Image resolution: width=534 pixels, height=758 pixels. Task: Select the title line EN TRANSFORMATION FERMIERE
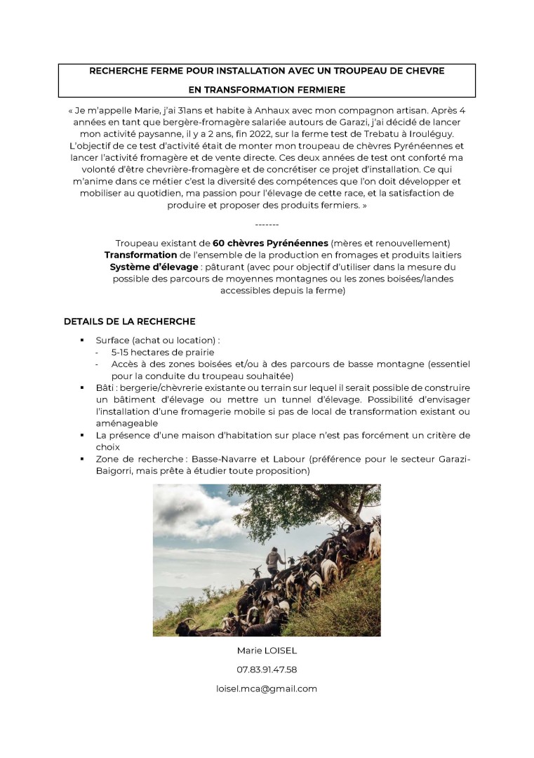[x=267, y=89]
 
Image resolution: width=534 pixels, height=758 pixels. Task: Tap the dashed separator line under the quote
[x=267, y=224]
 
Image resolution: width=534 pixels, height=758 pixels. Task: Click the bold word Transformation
[x=140, y=255]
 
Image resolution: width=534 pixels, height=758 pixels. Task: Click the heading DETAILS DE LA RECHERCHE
[x=129, y=321]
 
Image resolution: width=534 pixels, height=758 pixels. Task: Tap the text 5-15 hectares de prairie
[x=162, y=352]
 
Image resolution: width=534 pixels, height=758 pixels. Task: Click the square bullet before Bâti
[x=82, y=388]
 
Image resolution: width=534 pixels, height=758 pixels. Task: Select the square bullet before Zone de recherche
[x=82, y=460]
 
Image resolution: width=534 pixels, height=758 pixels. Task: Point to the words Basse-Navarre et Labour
[x=270, y=459]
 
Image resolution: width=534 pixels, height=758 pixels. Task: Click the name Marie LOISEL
[x=267, y=651]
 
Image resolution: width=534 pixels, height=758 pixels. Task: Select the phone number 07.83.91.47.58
[x=267, y=670]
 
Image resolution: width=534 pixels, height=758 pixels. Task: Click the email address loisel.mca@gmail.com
[x=267, y=689]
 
